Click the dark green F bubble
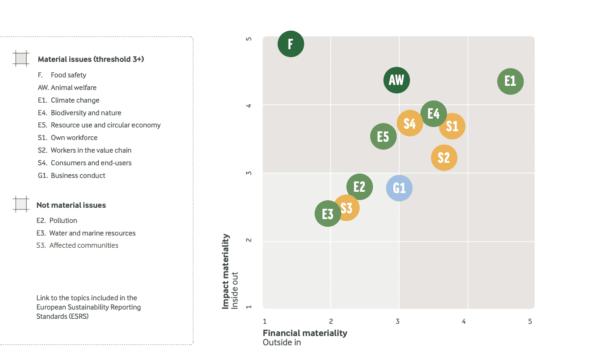click(x=291, y=44)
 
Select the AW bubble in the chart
click(x=396, y=80)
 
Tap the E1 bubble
click(x=510, y=81)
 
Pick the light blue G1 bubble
click(x=399, y=188)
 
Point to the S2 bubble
click(x=444, y=158)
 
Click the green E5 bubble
click(x=383, y=136)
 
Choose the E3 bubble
click(x=327, y=214)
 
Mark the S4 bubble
click(x=409, y=123)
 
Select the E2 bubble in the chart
click(x=359, y=186)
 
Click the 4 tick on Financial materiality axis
click(x=464, y=321)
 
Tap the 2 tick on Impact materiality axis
click(x=249, y=240)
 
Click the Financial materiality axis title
click(x=305, y=333)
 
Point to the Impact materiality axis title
click(x=225, y=271)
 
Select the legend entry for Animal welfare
click(x=67, y=87)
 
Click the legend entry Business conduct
click(x=72, y=175)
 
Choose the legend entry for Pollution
click(x=57, y=220)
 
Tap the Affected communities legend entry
click(x=77, y=245)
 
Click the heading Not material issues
click(x=71, y=205)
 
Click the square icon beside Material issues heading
click(x=21, y=58)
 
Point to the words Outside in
click(x=282, y=342)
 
